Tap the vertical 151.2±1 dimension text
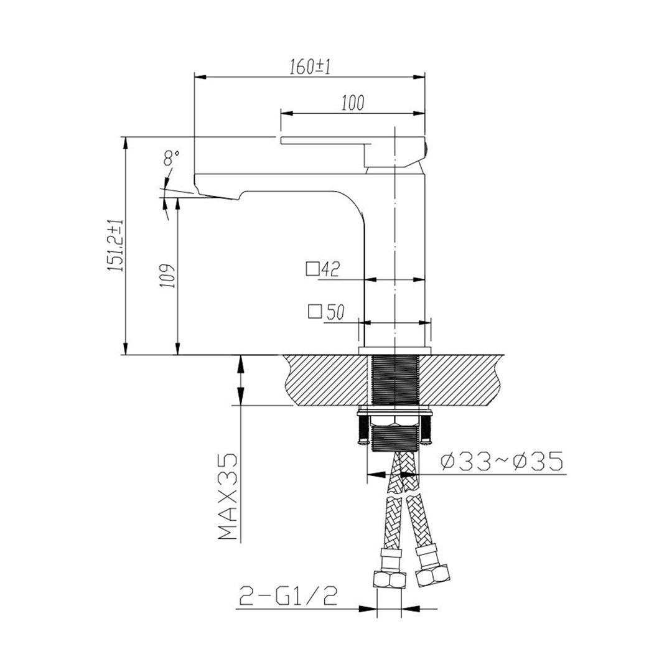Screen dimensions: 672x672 click(116, 245)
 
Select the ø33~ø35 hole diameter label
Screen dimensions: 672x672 click(502, 462)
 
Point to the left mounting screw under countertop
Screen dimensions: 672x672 click(363, 429)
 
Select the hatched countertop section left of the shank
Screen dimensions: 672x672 click(324, 378)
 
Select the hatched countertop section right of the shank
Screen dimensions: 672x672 click(464, 378)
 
